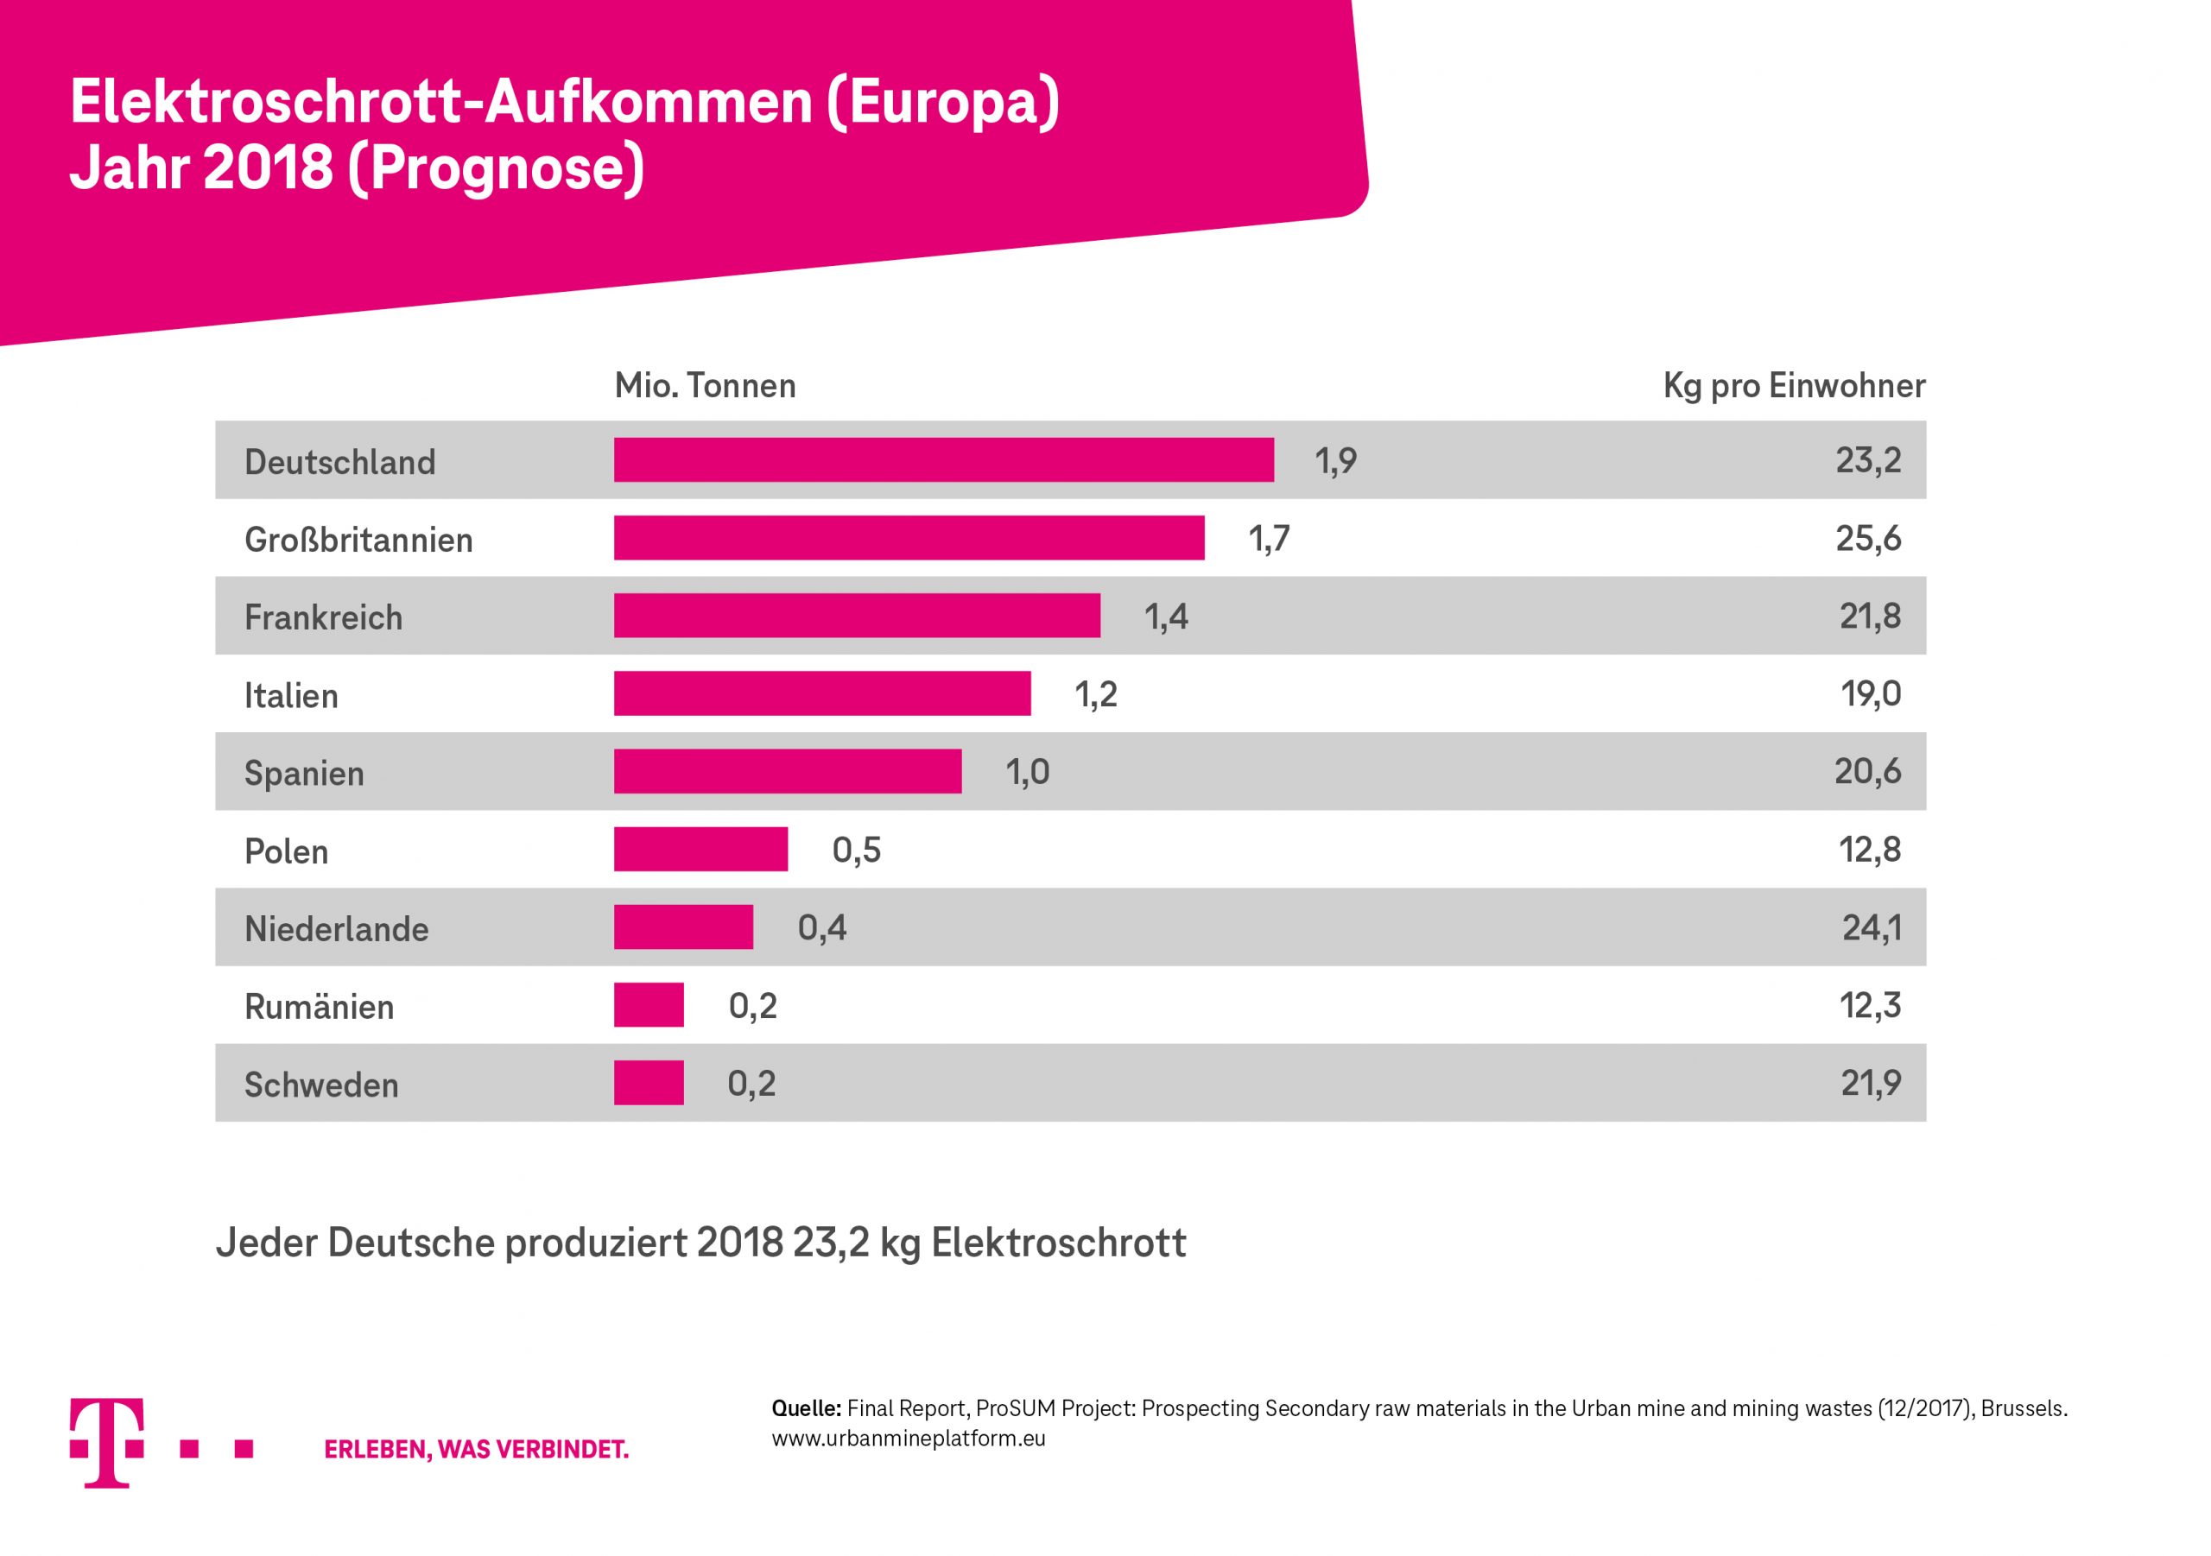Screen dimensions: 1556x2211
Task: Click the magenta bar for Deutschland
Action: (944, 459)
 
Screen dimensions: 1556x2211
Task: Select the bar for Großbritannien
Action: (909, 537)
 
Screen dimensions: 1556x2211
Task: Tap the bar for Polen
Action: (701, 850)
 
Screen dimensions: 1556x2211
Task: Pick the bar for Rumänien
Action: (649, 1005)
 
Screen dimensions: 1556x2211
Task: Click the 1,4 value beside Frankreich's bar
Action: (1165, 617)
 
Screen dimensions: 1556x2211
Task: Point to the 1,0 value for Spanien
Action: (1028, 772)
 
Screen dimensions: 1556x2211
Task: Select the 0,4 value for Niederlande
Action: (821, 928)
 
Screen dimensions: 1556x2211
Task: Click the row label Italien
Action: (291, 695)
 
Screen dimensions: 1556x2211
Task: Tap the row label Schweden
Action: (320, 1085)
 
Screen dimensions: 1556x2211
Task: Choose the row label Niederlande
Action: (336, 929)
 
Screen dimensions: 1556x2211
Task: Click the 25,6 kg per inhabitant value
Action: (1867, 538)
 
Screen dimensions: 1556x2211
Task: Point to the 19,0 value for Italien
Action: (1870, 694)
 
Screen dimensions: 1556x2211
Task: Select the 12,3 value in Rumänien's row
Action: (1869, 1005)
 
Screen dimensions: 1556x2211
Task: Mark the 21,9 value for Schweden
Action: (1870, 1083)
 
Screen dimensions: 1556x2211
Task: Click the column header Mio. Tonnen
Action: (705, 386)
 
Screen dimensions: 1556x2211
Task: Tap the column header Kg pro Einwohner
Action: (1793, 386)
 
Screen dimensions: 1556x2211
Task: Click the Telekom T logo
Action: (108, 1441)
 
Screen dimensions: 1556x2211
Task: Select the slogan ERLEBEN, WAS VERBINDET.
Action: (476, 1449)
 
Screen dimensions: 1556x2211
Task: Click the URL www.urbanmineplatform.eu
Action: (908, 1439)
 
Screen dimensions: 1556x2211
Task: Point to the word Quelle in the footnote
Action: (806, 1408)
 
